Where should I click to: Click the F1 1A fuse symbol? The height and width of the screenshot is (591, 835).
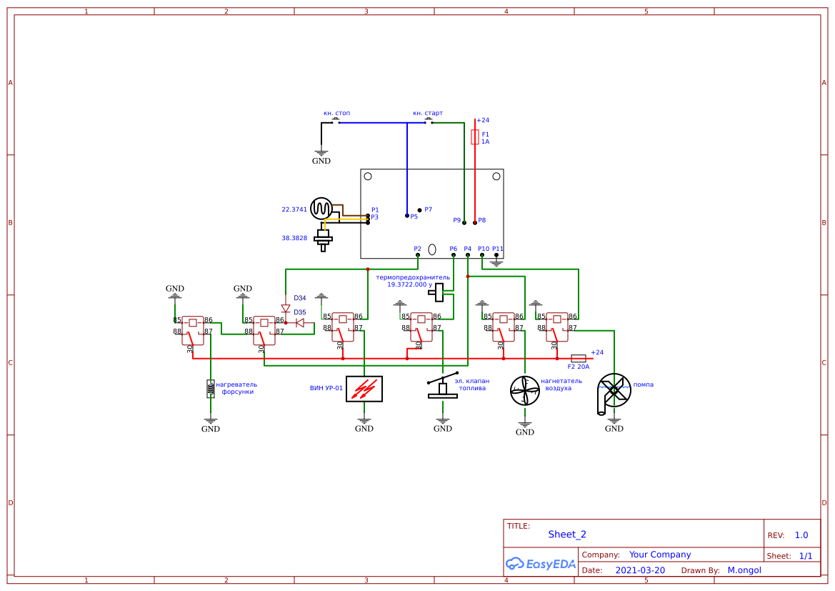pyautogui.click(x=475, y=137)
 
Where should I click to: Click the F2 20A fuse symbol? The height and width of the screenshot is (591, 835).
pyautogui.click(x=579, y=358)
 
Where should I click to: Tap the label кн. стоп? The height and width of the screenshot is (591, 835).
pyautogui.click(x=336, y=113)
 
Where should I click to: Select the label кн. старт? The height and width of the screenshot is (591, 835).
pyautogui.click(x=428, y=113)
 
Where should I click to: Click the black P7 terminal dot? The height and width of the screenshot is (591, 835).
pyautogui.click(x=419, y=210)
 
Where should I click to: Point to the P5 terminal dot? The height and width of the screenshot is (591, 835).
pyautogui.click(x=407, y=216)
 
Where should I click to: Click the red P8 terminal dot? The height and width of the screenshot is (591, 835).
pyautogui.click(x=475, y=223)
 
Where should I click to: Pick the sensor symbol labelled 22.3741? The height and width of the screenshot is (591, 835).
pyautogui.click(x=321, y=209)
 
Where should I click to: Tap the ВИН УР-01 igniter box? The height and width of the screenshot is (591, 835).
pyautogui.click(x=364, y=389)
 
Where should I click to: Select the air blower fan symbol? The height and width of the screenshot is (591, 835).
pyautogui.click(x=525, y=390)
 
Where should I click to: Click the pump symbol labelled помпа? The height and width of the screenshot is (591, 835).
pyautogui.click(x=613, y=390)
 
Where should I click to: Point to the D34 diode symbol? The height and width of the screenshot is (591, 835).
pyautogui.click(x=286, y=308)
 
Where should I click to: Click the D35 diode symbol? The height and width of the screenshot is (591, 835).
pyautogui.click(x=300, y=323)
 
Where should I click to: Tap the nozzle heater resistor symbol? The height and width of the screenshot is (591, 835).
pyautogui.click(x=210, y=388)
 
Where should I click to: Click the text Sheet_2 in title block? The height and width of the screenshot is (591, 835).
pyautogui.click(x=567, y=535)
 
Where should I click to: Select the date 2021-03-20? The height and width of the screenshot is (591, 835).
pyautogui.click(x=640, y=570)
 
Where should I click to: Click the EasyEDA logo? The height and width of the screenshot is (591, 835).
pyautogui.click(x=541, y=563)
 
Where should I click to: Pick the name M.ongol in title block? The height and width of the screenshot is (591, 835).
pyautogui.click(x=744, y=570)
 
